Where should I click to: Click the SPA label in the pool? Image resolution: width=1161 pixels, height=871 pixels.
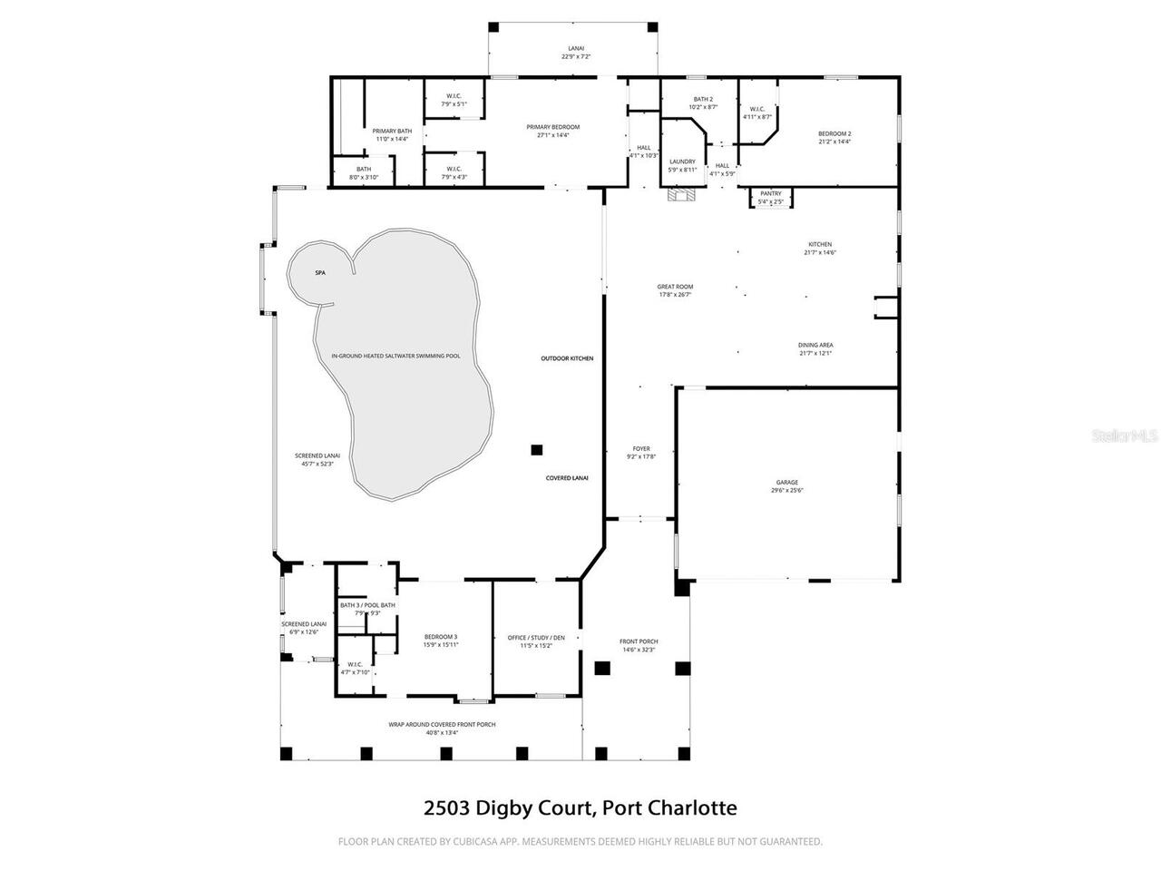point(320,273)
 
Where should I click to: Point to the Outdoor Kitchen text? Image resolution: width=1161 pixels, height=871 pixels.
point(567,358)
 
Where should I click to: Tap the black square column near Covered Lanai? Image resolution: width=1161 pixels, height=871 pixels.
point(537,449)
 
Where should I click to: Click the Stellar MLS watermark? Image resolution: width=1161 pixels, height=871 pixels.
point(1125,436)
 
